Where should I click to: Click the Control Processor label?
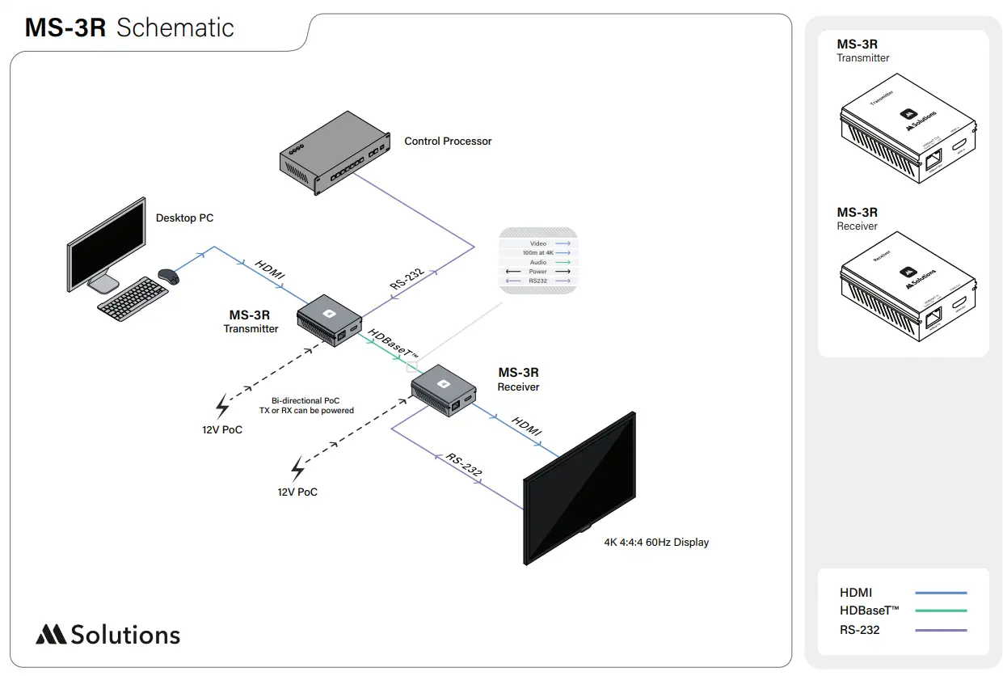coord(448,141)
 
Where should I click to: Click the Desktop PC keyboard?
coord(133,298)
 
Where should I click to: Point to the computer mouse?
coord(168,277)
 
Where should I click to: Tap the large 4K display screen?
coord(579,490)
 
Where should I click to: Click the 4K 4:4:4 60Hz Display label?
coord(656,542)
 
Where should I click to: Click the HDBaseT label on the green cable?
coord(394,345)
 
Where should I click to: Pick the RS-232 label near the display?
coord(464,465)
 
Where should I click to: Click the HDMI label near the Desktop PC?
coord(270,269)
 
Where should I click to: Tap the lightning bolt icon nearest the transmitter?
coord(222,407)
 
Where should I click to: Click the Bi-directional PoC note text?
coord(306,405)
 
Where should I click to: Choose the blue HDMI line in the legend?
coord(941,593)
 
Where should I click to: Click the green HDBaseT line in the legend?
coord(941,611)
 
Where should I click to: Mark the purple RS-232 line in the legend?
coord(941,630)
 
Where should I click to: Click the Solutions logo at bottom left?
coord(107,635)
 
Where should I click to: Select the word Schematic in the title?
coord(175,27)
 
